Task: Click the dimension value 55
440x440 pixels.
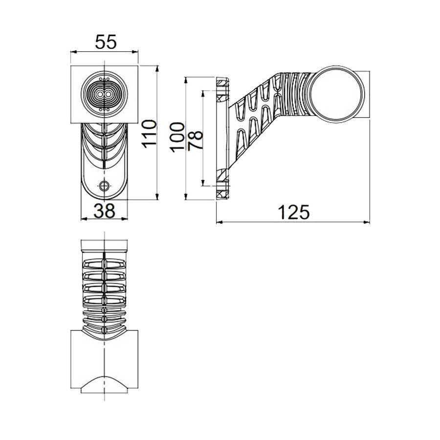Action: click(106, 43)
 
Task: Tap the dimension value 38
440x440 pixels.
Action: click(104, 211)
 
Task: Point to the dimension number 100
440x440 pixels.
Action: click(177, 137)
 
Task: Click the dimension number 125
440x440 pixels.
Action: click(294, 213)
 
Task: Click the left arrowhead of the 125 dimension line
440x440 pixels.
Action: click(219, 222)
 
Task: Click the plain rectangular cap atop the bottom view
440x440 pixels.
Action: click(105, 246)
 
